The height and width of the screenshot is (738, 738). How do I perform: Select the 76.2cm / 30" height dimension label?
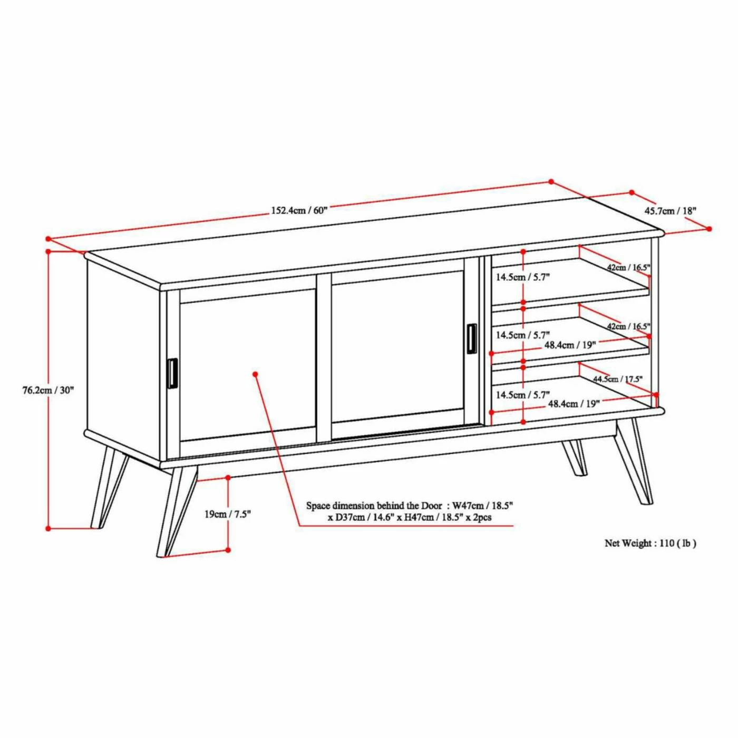click(48, 390)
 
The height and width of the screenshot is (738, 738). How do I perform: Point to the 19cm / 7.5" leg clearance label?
click(228, 514)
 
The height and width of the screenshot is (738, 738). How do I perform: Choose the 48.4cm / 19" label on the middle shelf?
click(570, 345)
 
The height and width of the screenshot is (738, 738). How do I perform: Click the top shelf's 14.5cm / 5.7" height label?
click(523, 277)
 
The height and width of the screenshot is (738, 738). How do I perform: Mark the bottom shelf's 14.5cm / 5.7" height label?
click(523, 394)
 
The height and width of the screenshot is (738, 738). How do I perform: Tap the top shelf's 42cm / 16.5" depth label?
click(628, 267)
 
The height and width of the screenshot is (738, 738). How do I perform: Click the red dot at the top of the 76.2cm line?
click(48, 251)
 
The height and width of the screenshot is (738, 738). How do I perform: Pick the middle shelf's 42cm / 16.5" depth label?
click(628, 326)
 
